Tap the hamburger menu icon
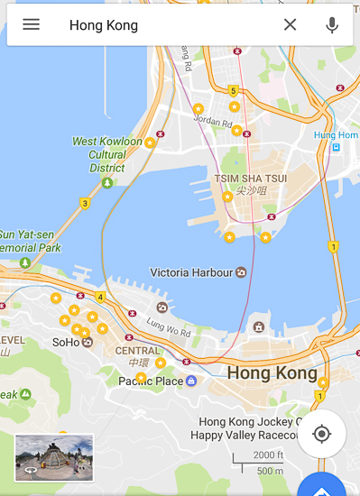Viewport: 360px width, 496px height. [x=31, y=24]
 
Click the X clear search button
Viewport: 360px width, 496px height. [x=290, y=24]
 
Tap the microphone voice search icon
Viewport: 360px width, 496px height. [x=332, y=24]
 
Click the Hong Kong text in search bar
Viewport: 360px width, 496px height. [x=104, y=25]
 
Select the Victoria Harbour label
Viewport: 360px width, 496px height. [x=191, y=272]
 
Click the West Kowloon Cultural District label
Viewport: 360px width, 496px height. [x=107, y=154]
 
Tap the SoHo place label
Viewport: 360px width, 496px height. [x=66, y=343]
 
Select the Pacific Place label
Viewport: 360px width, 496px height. [x=151, y=381]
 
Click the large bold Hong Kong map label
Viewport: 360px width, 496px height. [x=272, y=372]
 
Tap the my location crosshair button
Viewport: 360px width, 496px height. [x=321, y=434]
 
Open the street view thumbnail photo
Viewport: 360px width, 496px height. [x=53, y=457]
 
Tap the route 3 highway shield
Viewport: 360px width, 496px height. [x=84, y=204]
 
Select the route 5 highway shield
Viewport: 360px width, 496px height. [x=233, y=91]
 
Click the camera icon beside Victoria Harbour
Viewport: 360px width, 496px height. [x=241, y=272]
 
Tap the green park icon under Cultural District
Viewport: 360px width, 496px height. [x=107, y=183]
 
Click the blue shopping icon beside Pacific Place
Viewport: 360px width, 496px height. [x=191, y=381]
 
